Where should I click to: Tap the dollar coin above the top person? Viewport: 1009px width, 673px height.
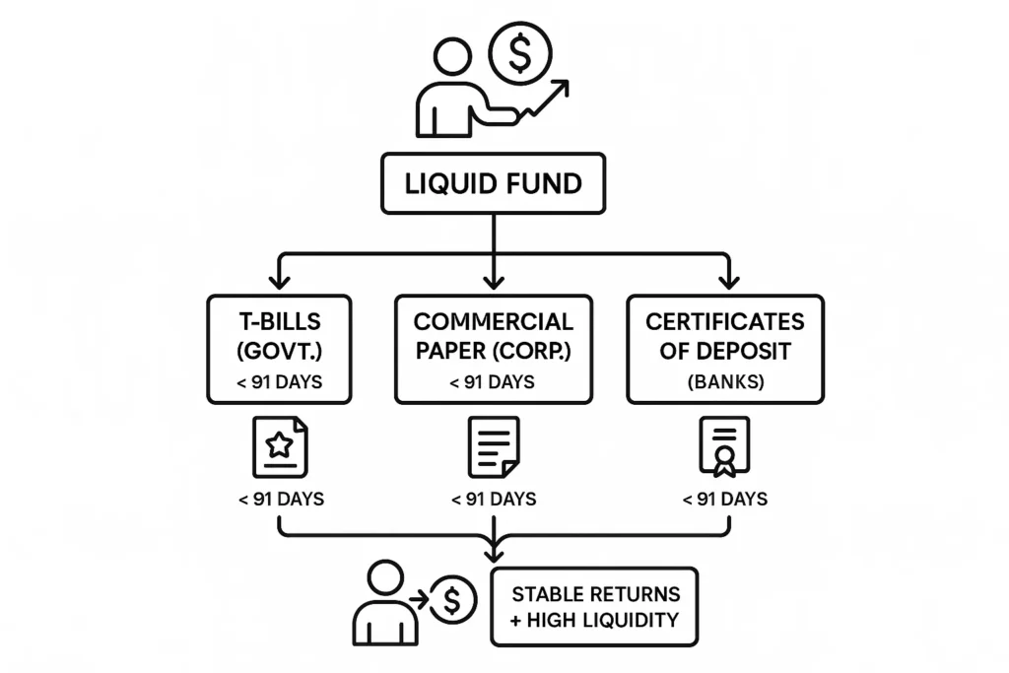[x=520, y=53]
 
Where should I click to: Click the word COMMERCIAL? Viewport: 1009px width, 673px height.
[x=493, y=323]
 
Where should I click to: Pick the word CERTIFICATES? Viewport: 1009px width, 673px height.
[x=725, y=323]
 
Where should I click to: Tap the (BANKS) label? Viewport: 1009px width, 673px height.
[x=725, y=382]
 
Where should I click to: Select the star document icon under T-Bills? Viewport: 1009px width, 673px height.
[x=280, y=446]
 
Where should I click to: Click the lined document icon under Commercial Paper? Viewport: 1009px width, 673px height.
[x=493, y=446]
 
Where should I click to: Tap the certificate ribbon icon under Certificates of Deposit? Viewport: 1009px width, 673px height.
[x=725, y=446]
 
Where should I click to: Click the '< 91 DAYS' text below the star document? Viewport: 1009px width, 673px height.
[x=281, y=500]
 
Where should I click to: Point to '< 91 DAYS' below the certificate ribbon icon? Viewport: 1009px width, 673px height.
[x=725, y=500]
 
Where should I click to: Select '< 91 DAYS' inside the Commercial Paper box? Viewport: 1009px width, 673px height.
[x=493, y=382]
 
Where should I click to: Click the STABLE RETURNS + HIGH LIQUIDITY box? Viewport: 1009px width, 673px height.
[x=594, y=607]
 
